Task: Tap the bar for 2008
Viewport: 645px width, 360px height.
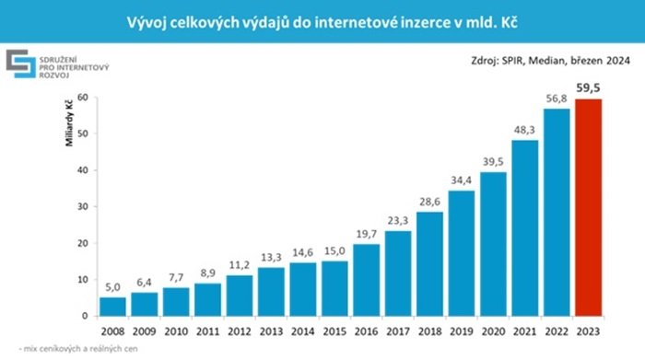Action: (x=113, y=306)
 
